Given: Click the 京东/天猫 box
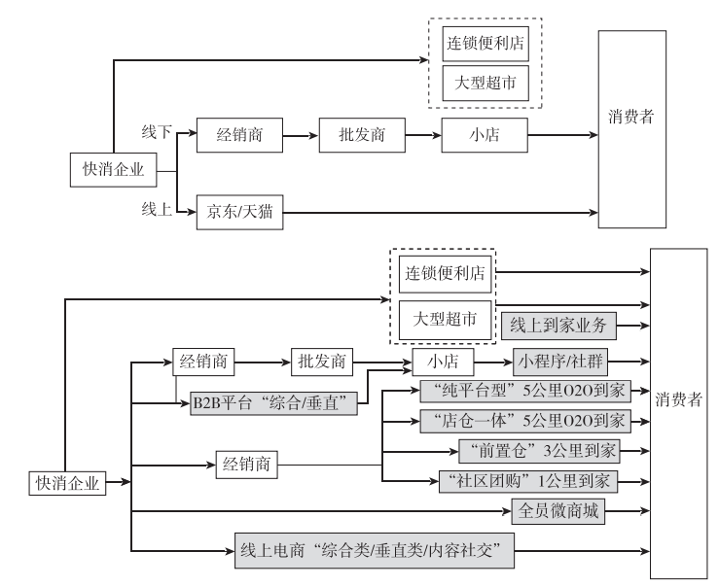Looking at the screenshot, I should coord(239,211).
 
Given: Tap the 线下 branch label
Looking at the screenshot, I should coord(157,132).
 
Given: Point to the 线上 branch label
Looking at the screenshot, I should coord(157,208).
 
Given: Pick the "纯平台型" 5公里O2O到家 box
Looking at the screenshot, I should coord(524,391).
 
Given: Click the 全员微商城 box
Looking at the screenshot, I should coord(558,510).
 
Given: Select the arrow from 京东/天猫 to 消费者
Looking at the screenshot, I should coord(438,211).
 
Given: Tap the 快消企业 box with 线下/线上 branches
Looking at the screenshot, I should coord(113,170).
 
